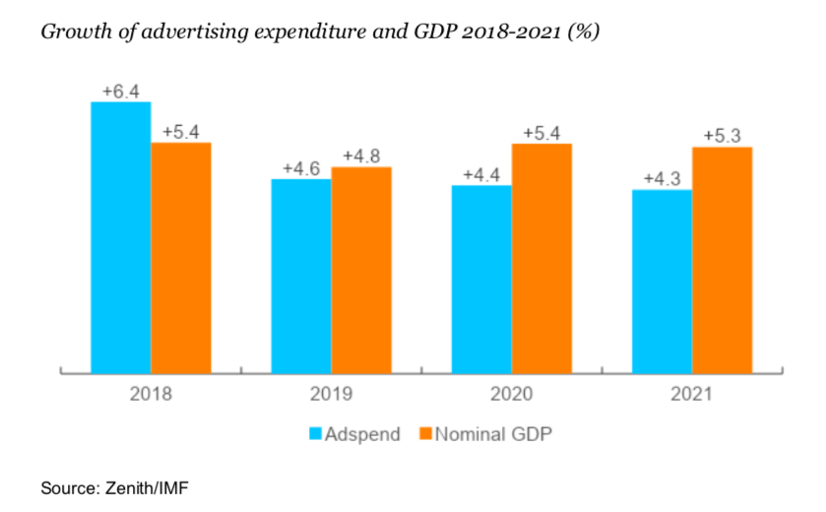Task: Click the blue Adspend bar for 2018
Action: pos(121,236)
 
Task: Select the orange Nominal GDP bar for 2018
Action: pos(181,257)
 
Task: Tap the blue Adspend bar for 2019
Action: pos(301,276)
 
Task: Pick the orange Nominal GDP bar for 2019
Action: pos(361,270)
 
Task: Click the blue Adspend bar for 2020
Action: pos(481,279)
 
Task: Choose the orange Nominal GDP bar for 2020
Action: pos(541,258)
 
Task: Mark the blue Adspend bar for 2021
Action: pos(662,281)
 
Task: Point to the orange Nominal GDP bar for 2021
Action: pos(723,260)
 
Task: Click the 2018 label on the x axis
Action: pos(151,394)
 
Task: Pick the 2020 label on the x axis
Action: pos(511,394)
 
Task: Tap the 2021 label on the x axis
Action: pos(691,394)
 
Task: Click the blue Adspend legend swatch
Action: pos(316,433)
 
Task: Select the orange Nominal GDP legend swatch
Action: pos(425,433)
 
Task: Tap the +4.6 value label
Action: pos(301,168)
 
